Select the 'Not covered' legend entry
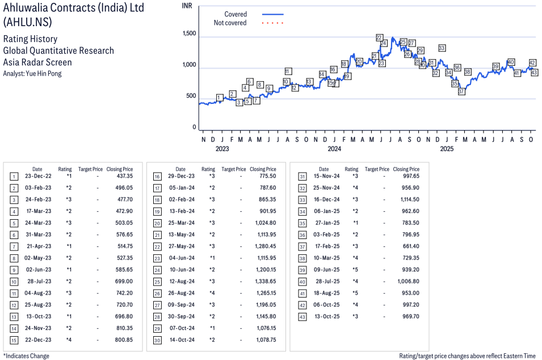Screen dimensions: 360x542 pyautogui.click(x=230, y=23)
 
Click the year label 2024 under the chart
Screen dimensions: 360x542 pyautogui.click(x=334, y=149)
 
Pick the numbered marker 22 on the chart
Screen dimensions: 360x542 pyautogui.click(x=379, y=37)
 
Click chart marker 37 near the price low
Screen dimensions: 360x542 pyautogui.click(x=461, y=91)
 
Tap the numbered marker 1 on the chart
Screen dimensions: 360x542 pyautogui.click(x=220, y=98)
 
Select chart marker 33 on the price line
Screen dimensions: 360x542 pyautogui.click(x=442, y=48)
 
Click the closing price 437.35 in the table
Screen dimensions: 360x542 pyautogui.click(x=124, y=176)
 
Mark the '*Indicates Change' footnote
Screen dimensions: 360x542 pyautogui.click(x=26, y=356)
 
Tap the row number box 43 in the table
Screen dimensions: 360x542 pyautogui.click(x=301, y=316)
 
